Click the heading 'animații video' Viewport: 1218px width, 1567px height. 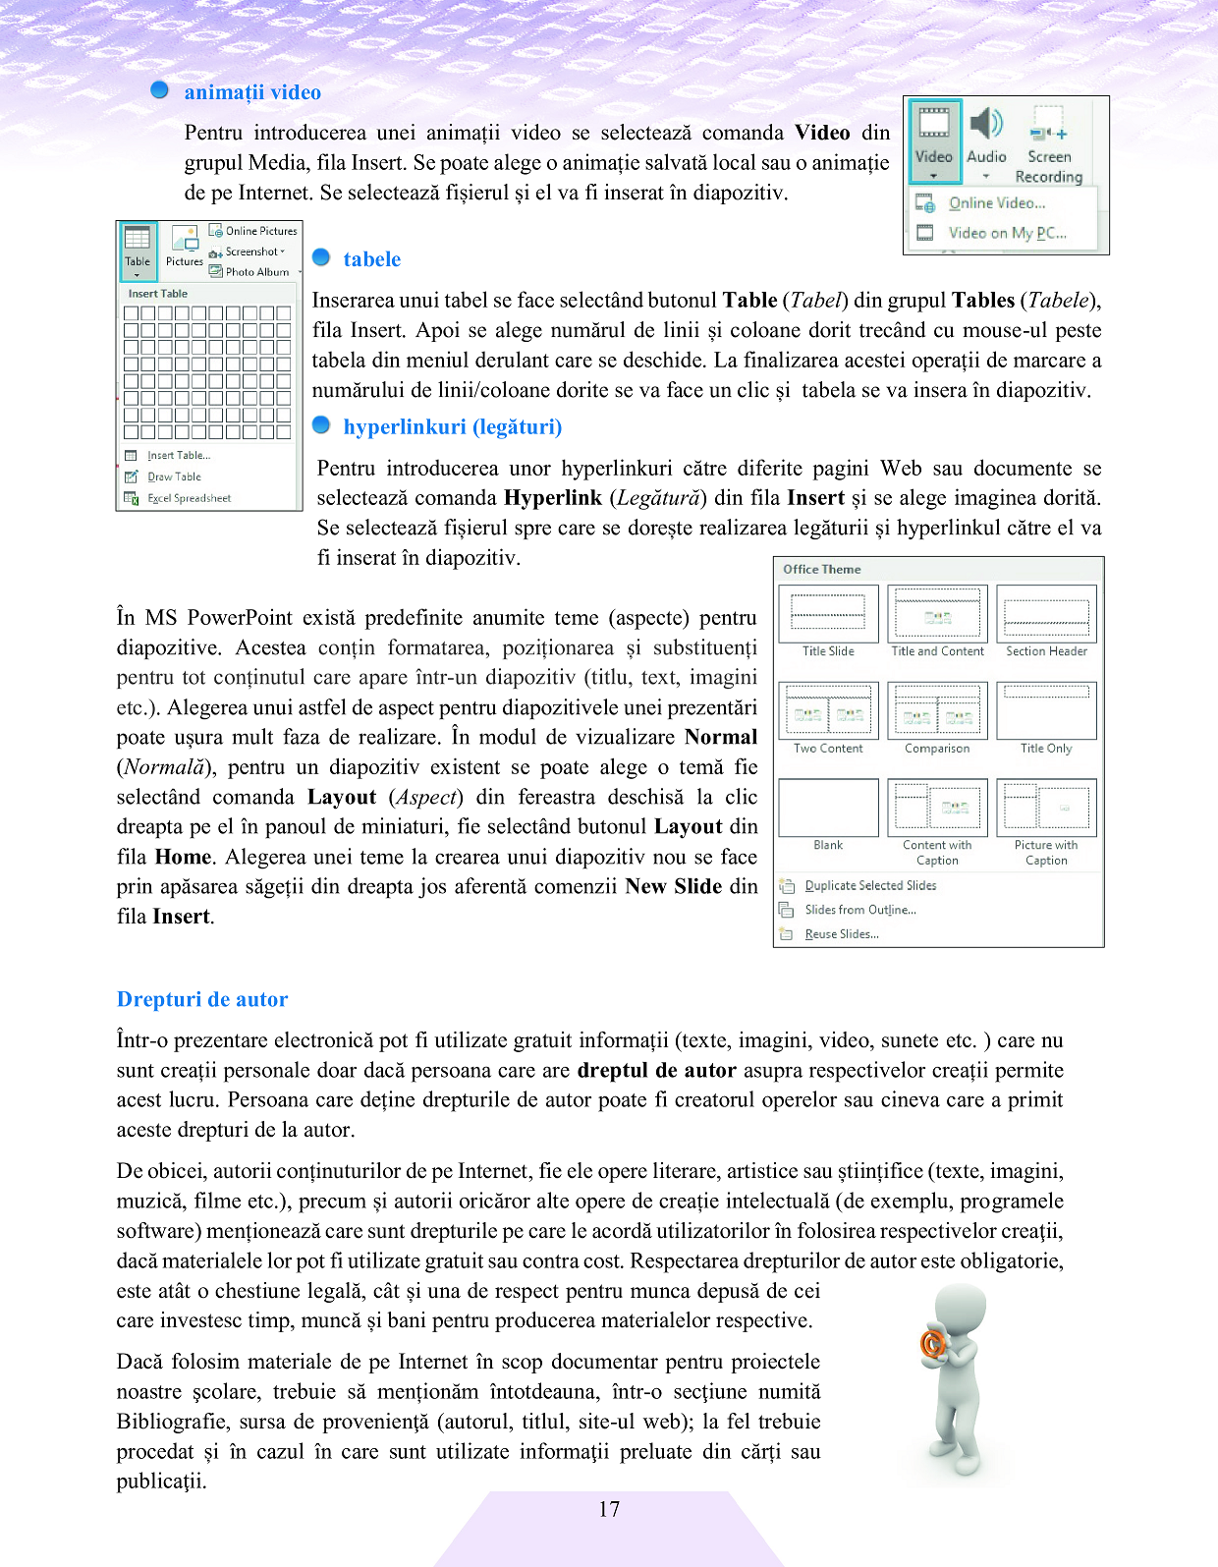252,92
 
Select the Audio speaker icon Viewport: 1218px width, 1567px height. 986,125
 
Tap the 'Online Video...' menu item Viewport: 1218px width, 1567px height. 996,203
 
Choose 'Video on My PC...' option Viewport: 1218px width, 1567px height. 1006,233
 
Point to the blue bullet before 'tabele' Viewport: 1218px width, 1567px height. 321,258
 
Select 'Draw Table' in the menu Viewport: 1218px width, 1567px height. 174,476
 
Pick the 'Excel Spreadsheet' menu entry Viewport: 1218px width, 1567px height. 189,498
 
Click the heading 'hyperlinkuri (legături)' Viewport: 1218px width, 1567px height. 452,426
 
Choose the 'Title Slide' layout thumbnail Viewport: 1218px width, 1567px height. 828,614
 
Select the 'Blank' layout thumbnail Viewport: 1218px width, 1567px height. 828,808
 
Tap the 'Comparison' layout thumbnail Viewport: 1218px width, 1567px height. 937,711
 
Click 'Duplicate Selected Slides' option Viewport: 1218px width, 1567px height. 869,885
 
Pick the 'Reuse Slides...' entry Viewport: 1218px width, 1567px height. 841,934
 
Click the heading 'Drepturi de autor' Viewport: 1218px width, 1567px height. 202,999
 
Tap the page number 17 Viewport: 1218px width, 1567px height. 609,1509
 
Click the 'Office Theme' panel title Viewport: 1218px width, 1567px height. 821,569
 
